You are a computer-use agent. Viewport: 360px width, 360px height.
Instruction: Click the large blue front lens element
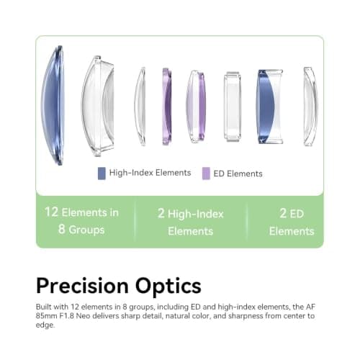[53, 106]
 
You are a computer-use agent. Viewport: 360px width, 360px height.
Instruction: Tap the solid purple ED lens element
[167, 107]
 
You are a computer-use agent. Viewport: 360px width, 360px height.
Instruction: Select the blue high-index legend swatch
[102, 174]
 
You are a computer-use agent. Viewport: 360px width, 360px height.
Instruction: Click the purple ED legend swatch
[206, 174]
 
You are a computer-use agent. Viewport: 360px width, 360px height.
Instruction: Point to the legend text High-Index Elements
[150, 173]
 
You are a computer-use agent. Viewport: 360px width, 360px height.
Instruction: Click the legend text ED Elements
[238, 174]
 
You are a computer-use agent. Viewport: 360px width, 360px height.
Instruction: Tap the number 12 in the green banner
[51, 212]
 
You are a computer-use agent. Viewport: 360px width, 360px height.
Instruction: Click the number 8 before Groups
[61, 229]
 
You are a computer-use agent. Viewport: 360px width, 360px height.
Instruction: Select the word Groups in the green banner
[86, 230]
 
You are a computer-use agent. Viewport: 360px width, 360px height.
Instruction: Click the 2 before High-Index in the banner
[161, 213]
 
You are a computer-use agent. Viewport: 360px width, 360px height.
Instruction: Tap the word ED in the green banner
[297, 214]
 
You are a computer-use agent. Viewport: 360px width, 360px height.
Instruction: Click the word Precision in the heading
[83, 286]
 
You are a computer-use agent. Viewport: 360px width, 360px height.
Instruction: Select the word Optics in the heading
[168, 286]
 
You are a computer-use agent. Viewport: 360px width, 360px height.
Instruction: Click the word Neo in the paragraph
[83, 316]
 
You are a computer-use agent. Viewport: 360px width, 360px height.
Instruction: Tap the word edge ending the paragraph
[45, 325]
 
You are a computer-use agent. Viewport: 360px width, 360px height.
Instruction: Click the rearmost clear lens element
[310, 107]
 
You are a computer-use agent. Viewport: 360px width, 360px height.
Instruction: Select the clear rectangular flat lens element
[233, 107]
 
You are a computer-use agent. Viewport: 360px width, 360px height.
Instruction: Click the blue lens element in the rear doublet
[265, 107]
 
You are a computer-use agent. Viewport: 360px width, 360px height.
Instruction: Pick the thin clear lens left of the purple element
[140, 107]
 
